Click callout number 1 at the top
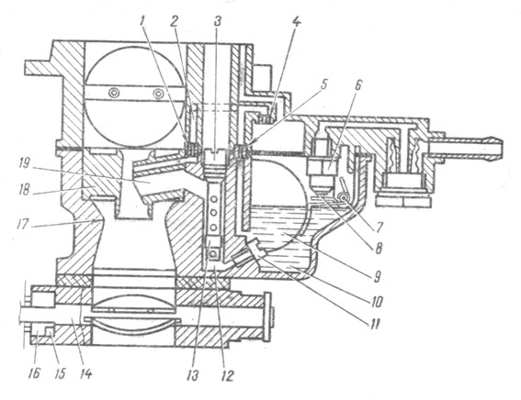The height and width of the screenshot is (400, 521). pos(142,22)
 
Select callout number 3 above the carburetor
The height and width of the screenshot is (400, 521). pos(218,22)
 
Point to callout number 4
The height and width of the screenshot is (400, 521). pos(297,23)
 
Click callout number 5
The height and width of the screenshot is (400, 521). pos(323,84)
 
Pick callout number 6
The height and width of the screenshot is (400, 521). pos(357,86)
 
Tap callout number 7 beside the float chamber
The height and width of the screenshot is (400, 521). pos(379,227)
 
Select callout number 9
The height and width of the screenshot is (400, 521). pos(377,276)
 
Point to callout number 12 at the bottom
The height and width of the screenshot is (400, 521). pos(227,376)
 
